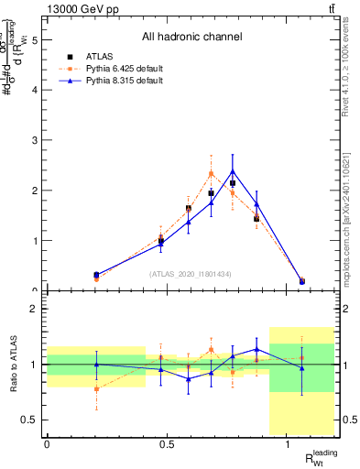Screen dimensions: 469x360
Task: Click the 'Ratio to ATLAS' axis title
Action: [x=12, y=365]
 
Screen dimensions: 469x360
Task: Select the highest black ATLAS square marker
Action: [x=233, y=183]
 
